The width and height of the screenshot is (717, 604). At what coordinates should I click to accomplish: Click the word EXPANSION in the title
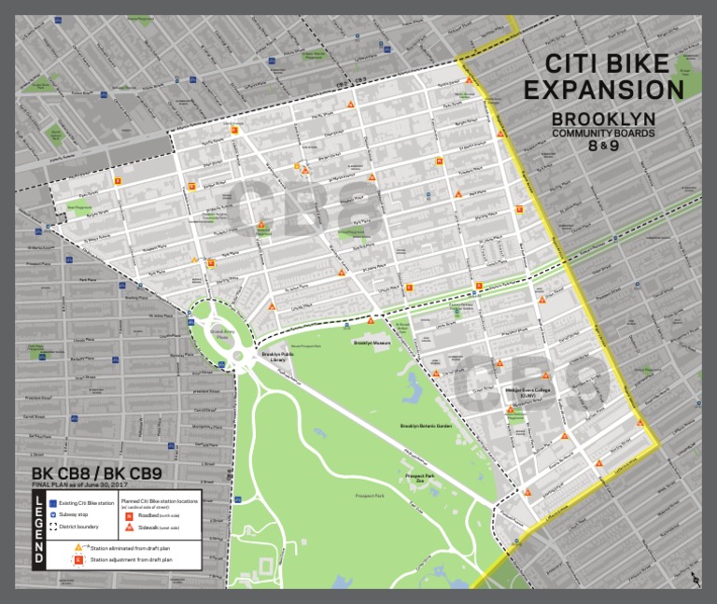point(603,89)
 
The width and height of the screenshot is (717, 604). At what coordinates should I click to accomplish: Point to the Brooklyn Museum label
point(371,344)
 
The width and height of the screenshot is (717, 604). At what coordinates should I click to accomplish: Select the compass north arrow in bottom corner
point(694,581)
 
